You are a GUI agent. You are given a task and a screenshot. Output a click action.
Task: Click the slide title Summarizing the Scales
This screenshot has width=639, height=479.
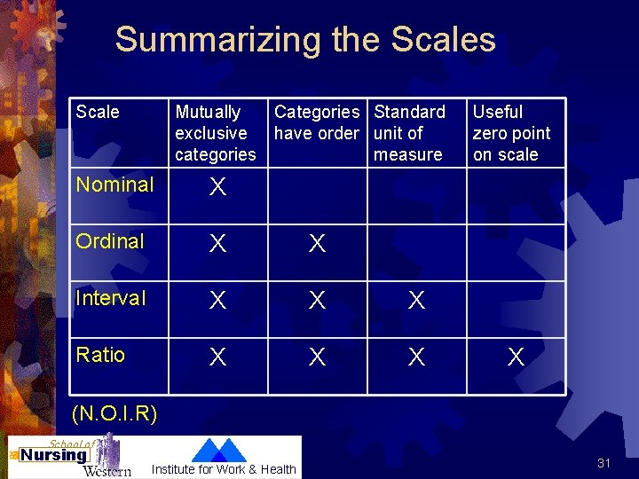tap(305, 40)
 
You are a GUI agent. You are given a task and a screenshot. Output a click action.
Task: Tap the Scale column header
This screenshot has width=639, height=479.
tap(98, 112)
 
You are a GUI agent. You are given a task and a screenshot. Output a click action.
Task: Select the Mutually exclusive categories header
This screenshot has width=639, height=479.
tap(215, 133)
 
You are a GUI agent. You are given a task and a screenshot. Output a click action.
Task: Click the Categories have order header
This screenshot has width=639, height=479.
tap(317, 122)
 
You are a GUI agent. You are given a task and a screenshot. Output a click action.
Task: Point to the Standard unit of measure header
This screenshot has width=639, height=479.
tap(409, 133)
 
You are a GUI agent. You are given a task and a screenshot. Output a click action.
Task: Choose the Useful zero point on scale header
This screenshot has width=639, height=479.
tap(511, 133)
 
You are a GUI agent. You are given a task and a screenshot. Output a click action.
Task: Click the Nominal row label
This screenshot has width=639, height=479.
tap(114, 185)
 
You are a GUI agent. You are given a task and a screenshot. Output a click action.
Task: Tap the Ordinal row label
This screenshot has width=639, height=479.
tap(110, 241)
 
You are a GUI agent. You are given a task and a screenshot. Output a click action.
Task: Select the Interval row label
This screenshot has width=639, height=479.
tap(111, 298)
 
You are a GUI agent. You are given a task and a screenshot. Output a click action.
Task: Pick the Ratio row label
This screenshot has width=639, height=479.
tap(100, 355)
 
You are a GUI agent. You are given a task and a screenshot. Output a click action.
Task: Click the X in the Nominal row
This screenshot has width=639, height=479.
tap(217, 187)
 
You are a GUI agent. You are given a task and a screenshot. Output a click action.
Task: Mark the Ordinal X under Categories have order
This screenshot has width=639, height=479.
tap(317, 244)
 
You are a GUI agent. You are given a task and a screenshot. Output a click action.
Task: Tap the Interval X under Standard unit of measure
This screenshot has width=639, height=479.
tap(416, 301)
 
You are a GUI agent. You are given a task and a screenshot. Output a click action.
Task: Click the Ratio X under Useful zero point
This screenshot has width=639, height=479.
tap(516, 357)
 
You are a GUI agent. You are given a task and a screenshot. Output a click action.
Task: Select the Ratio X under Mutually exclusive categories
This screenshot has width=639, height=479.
tap(217, 357)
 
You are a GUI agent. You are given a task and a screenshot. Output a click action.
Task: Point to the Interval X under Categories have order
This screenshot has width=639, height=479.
tap(317, 301)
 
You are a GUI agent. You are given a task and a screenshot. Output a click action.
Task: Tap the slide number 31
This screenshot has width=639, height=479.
tap(603, 463)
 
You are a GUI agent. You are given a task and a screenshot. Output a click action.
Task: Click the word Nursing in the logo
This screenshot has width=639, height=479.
tap(54, 456)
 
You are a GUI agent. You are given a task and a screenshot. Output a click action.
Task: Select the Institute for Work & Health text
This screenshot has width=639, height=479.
tap(225, 469)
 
